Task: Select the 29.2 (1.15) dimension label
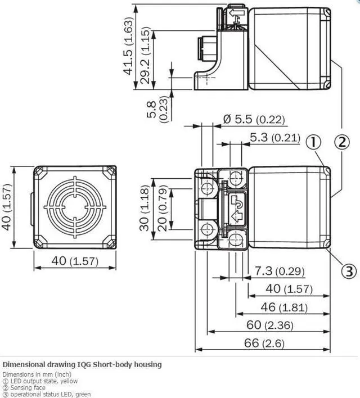click(x=146, y=57)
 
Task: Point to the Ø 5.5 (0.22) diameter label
click(x=254, y=119)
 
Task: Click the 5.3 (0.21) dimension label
click(x=274, y=137)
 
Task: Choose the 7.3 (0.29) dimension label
click(x=279, y=272)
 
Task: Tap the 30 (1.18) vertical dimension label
click(x=146, y=207)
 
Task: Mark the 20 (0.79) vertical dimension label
click(x=161, y=207)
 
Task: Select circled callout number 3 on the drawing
click(x=349, y=271)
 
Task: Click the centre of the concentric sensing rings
click(x=75, y=206)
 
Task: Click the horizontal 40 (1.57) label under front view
click(x=74, y=261)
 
